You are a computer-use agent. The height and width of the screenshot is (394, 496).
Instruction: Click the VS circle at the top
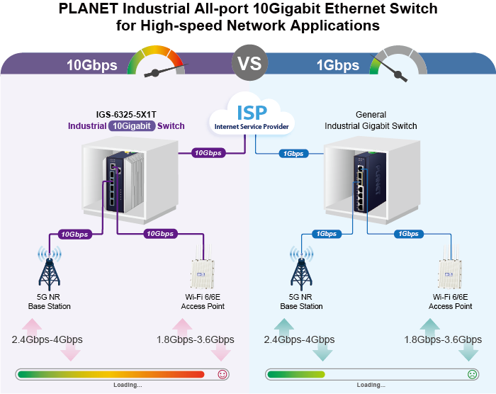[249, 62]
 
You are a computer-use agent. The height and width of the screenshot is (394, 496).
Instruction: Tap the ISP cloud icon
[252, 116]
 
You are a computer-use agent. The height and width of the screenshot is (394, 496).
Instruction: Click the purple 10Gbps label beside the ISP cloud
[210, 152]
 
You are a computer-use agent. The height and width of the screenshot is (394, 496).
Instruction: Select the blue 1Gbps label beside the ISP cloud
[293, 153]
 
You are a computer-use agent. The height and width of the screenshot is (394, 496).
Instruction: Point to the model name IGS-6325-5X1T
[125, 114]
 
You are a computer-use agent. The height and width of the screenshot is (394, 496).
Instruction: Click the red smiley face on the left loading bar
[222, 374]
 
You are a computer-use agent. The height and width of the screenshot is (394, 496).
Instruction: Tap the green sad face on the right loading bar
[472, 374]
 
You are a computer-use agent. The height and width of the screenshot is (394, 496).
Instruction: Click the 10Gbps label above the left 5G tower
[74, 234]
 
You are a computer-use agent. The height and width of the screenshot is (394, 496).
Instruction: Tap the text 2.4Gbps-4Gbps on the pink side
[47, 339]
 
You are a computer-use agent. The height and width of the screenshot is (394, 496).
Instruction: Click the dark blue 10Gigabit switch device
[115, 182]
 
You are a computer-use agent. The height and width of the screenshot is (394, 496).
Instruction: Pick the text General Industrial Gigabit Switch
[371, 120]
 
